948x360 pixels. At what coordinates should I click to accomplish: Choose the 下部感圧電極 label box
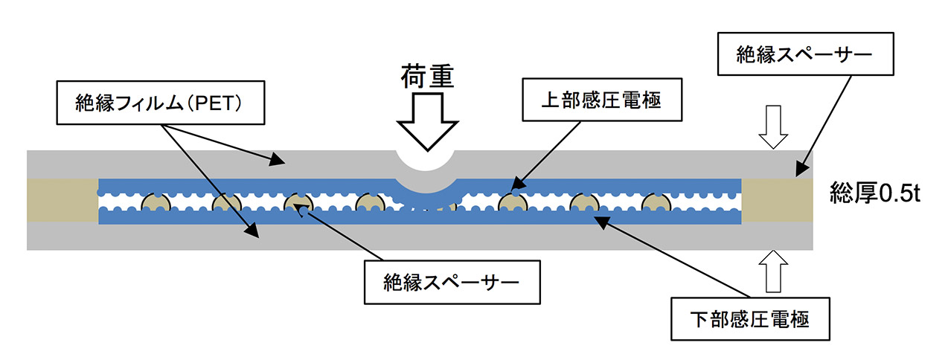click(749, 321)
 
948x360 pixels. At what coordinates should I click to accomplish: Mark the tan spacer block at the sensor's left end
click(63, 199)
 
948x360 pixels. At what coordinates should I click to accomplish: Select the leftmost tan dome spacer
click(156, 202)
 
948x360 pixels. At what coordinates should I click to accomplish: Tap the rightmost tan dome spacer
click(655, 202)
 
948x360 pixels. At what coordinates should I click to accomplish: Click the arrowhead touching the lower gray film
click(252, 231)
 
